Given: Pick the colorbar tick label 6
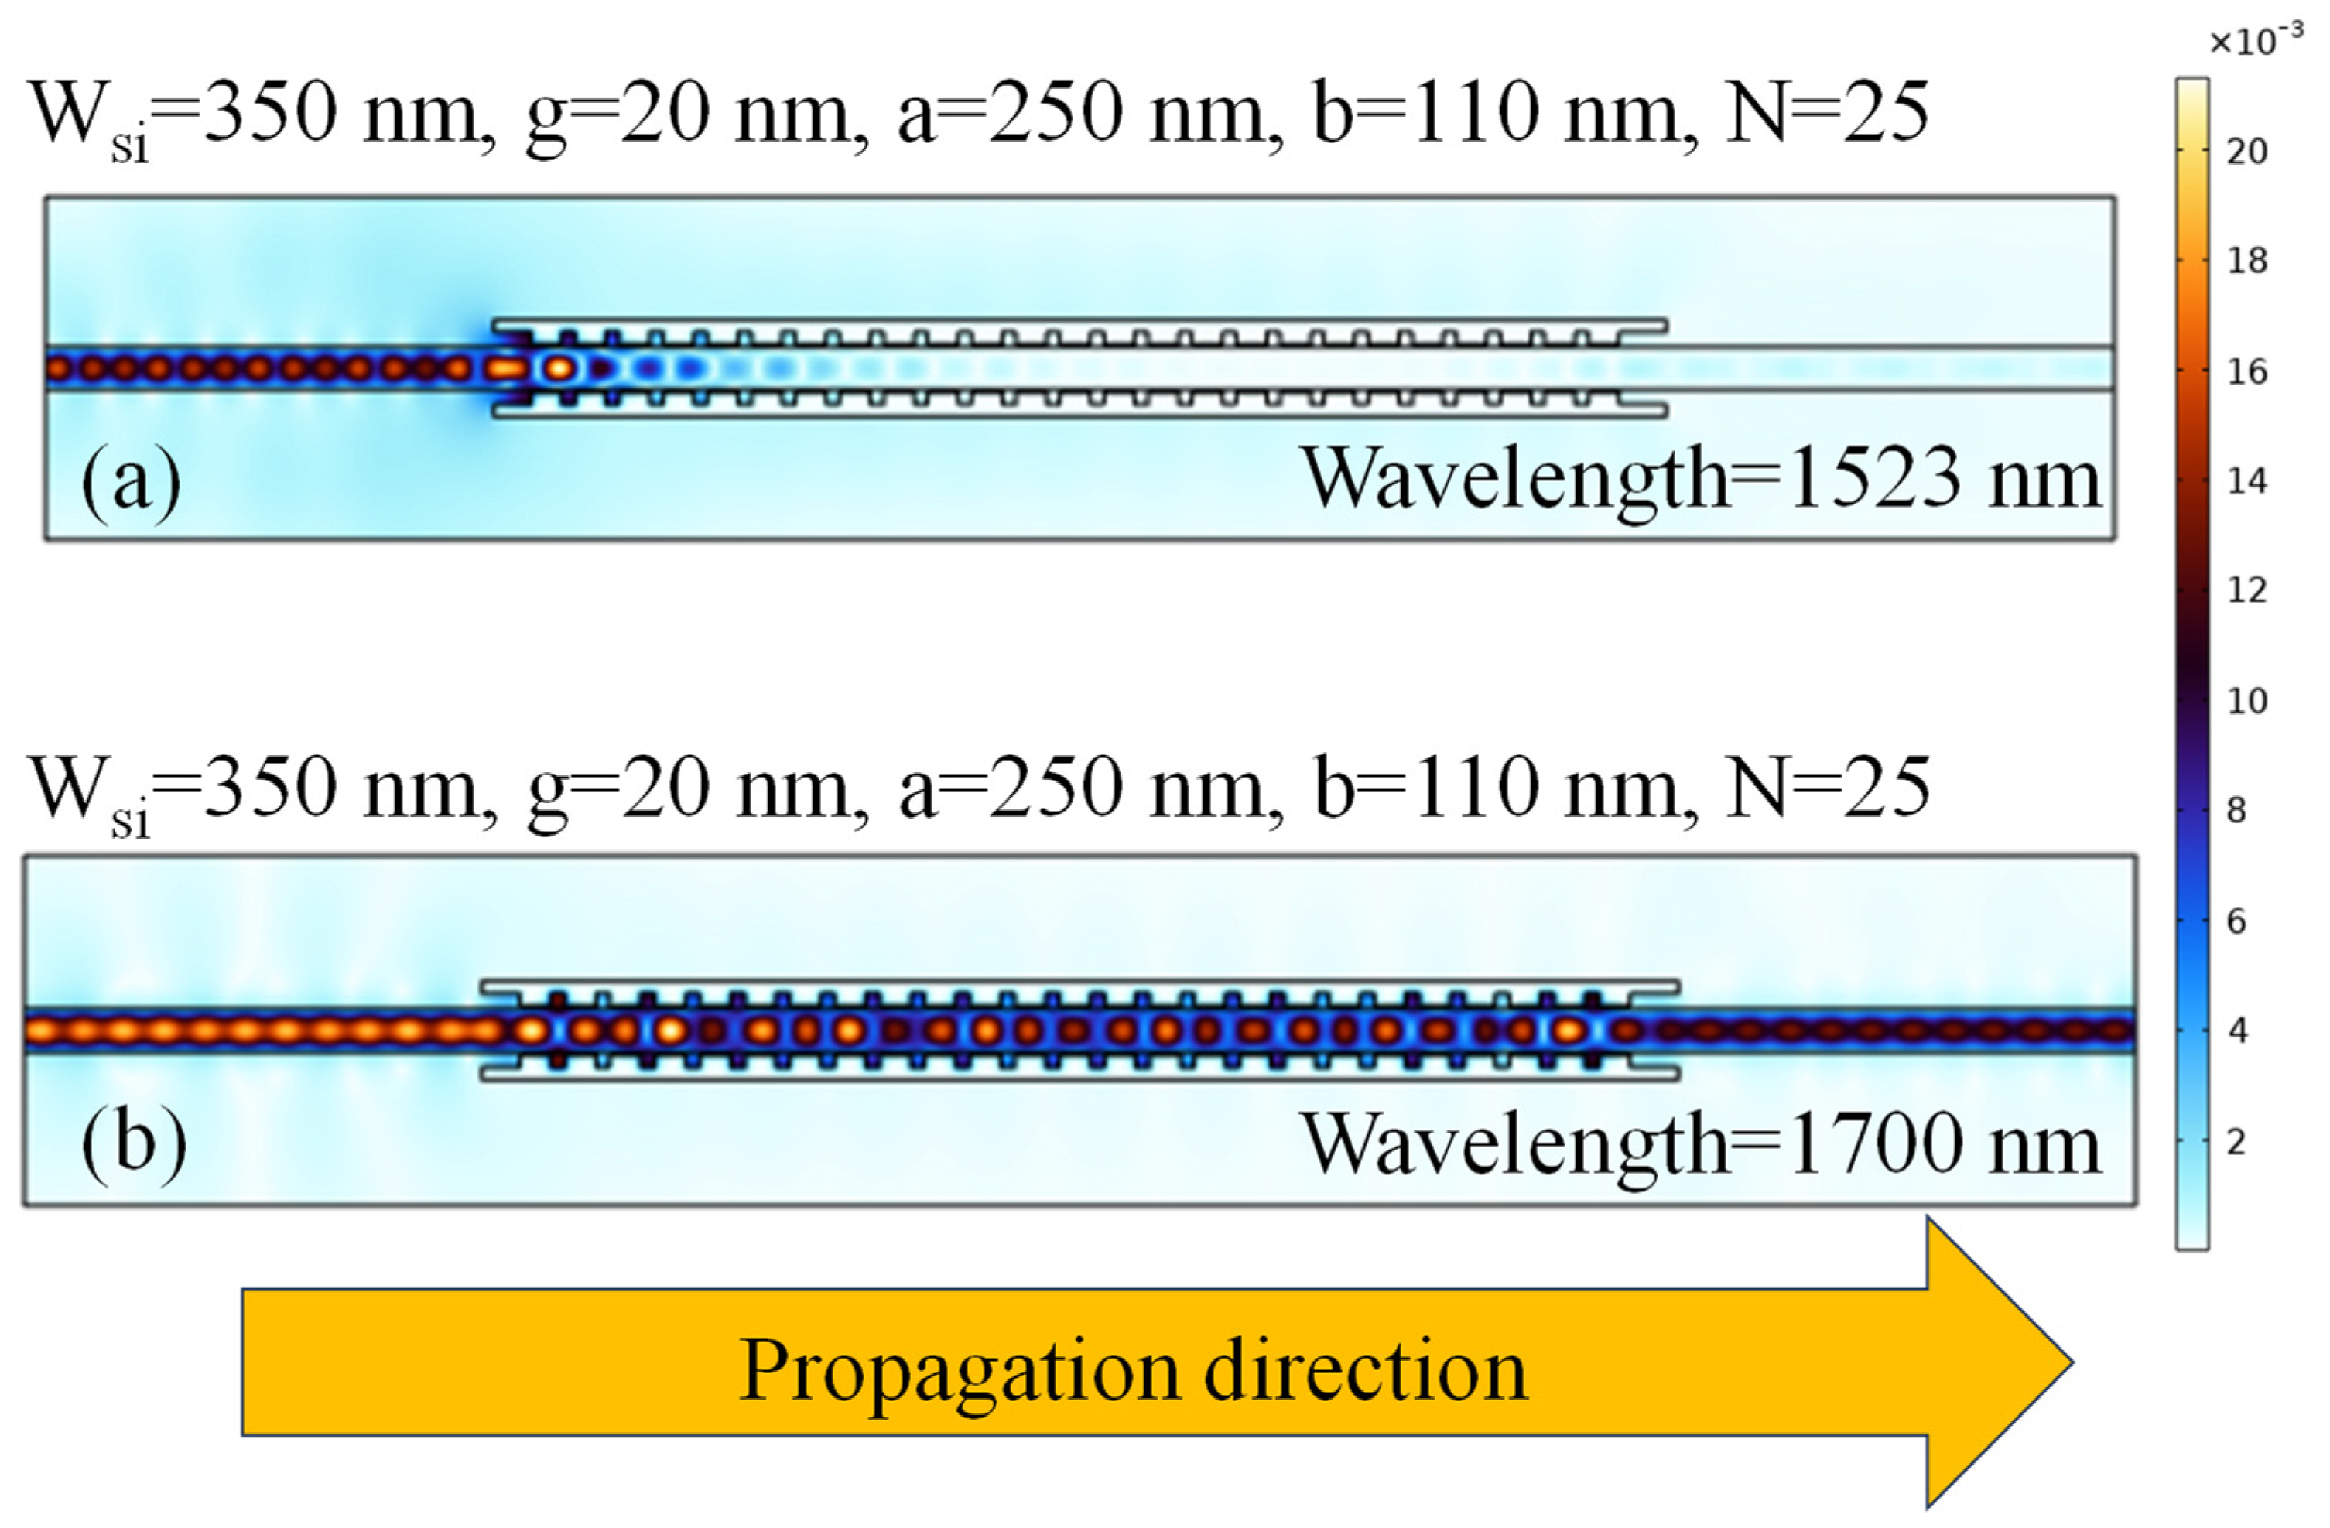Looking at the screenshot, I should tap(2237, 921).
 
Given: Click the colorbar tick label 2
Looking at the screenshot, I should tap(2237, 1141).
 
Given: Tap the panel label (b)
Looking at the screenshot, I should tap(133, 1143).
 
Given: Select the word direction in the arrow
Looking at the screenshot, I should tap(1365, 1370).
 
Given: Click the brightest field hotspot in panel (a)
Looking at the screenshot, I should tap(559, 369).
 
